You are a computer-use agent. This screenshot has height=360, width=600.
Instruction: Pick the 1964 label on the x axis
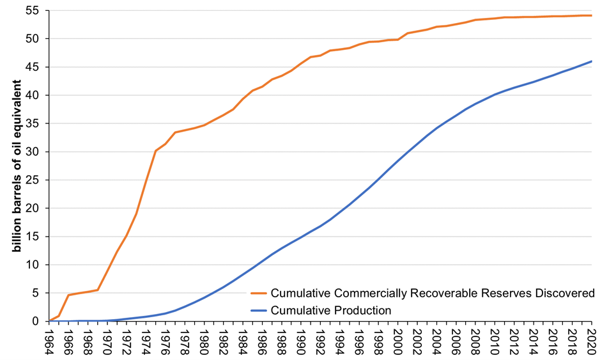tap(50, 340)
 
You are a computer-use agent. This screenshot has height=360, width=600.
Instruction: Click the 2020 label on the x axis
tap(592, 340)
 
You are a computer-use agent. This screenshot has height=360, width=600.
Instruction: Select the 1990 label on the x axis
tap(302, 340)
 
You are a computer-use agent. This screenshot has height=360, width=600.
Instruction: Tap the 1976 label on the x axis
tap(166, 340)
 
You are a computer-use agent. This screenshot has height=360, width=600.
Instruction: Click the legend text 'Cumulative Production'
tap(331, 310)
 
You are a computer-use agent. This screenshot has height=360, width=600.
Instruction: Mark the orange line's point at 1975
tap(156, 151)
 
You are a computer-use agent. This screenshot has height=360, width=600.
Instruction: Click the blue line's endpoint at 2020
tap(592, 61)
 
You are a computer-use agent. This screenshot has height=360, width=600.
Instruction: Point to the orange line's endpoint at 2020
tap(592, 15)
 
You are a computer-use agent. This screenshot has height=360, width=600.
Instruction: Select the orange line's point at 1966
tap(69, 295)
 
